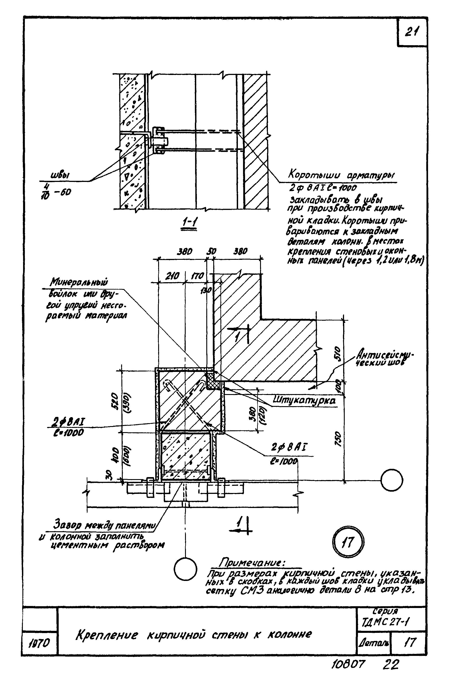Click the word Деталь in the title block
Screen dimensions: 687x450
(x=373, y=642)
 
